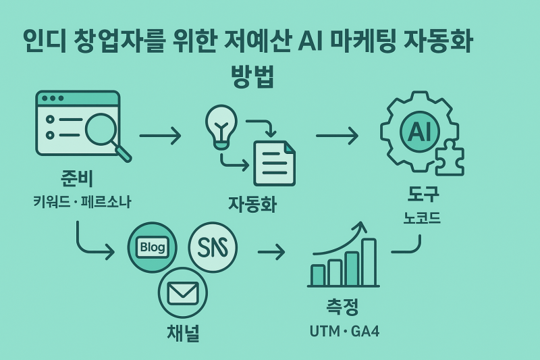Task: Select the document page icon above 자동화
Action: point(274,163)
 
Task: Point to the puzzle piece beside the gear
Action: point(449,159)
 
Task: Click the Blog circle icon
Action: point(152,247)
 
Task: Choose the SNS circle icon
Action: point(213,247)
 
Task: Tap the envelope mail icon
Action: point(182,293)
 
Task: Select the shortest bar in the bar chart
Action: point(317,275)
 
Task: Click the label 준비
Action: point(77,179)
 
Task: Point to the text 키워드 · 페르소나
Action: point(82,201)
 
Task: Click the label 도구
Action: point(423,195)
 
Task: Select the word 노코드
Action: point(423,217)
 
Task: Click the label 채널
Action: point(183,334)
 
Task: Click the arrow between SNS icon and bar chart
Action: point(271,253)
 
